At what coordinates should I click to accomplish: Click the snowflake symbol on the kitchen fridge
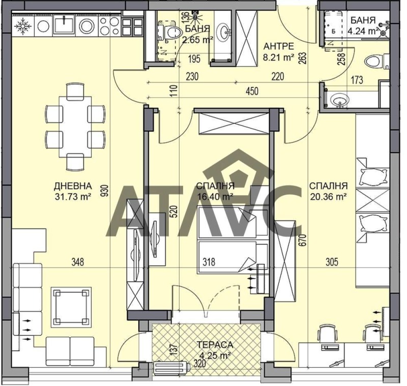coord(23,26)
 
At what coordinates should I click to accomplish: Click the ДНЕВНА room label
coord(73,186)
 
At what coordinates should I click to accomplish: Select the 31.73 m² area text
coord(73,196)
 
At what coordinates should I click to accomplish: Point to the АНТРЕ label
coord(279,46)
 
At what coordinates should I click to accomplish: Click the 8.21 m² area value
coord(279,57)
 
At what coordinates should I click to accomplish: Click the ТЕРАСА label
coord(215,345)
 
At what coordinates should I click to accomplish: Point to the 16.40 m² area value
coord(215,196)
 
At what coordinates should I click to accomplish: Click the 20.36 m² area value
coord(329,196)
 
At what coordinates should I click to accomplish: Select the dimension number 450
coord(251,92)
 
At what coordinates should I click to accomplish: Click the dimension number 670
coord(304,240)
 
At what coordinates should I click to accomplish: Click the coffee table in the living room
coord(71,307)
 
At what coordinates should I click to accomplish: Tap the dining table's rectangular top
coord(75,127)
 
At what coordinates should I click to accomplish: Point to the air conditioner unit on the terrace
coord(171,368)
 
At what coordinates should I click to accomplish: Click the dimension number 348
coord(78,262)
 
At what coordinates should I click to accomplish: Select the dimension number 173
coord(357,80)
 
